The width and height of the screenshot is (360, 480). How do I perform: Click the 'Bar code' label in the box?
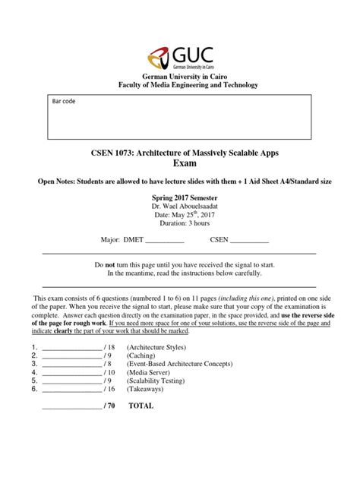click(65, 101)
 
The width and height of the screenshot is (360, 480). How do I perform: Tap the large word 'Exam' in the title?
click(180, 165)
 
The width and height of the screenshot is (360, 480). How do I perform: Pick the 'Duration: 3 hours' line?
click(179, 225)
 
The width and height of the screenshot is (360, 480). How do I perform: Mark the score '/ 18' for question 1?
click(112, 346)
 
